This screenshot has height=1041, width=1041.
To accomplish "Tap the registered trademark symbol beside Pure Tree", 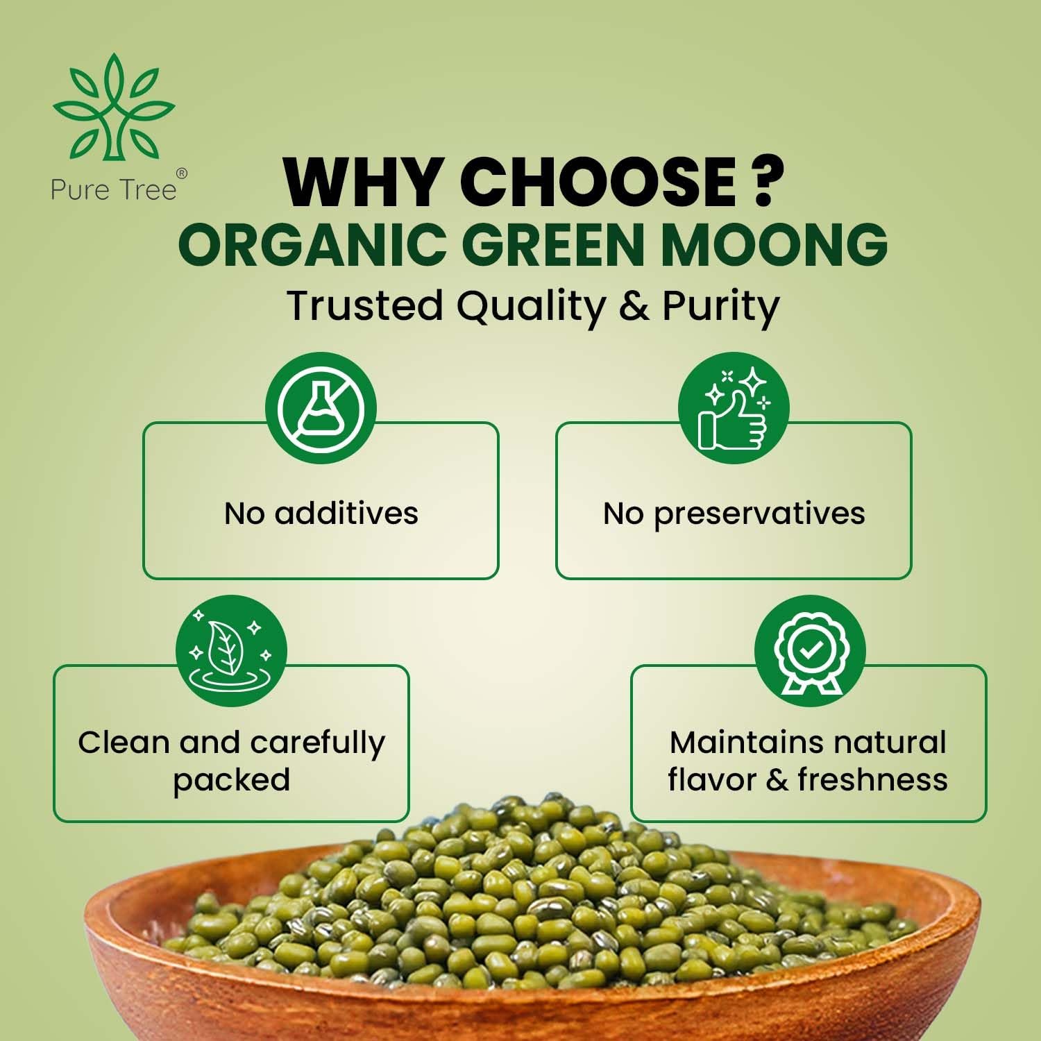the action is pyautogui.click(x=181, y=174).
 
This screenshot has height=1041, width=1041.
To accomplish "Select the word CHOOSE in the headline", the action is pyautogui.click(x=597, y=182).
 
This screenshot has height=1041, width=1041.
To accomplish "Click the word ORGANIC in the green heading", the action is pyautogui.click(x=312, y=244).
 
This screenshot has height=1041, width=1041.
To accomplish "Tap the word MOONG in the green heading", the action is pyautogui.click(x=773, y=244).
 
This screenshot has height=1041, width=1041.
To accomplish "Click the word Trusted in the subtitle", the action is pyautogui.click(x=365, y=305).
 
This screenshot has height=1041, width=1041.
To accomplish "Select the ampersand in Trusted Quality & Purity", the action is pyautogui.click(x=634, y=306).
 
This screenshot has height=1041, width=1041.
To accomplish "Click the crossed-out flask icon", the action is pyautogui.click(x=321, y=407).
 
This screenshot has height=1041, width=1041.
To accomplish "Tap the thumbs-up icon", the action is pyautogui.click(x=734, y=407).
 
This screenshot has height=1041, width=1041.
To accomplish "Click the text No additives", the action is pyautogui.click(x=321, y=514).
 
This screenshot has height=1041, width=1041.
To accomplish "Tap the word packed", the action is pyautogui.click(x=231, y=781).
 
